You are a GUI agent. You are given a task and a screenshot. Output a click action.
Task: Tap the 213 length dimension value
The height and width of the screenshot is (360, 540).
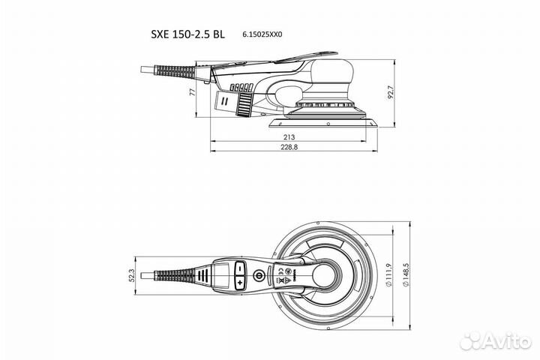289,137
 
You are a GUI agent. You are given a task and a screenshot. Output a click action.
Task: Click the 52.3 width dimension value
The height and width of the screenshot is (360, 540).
133,276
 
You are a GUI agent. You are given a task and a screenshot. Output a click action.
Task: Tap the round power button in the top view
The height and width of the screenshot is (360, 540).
259,276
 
